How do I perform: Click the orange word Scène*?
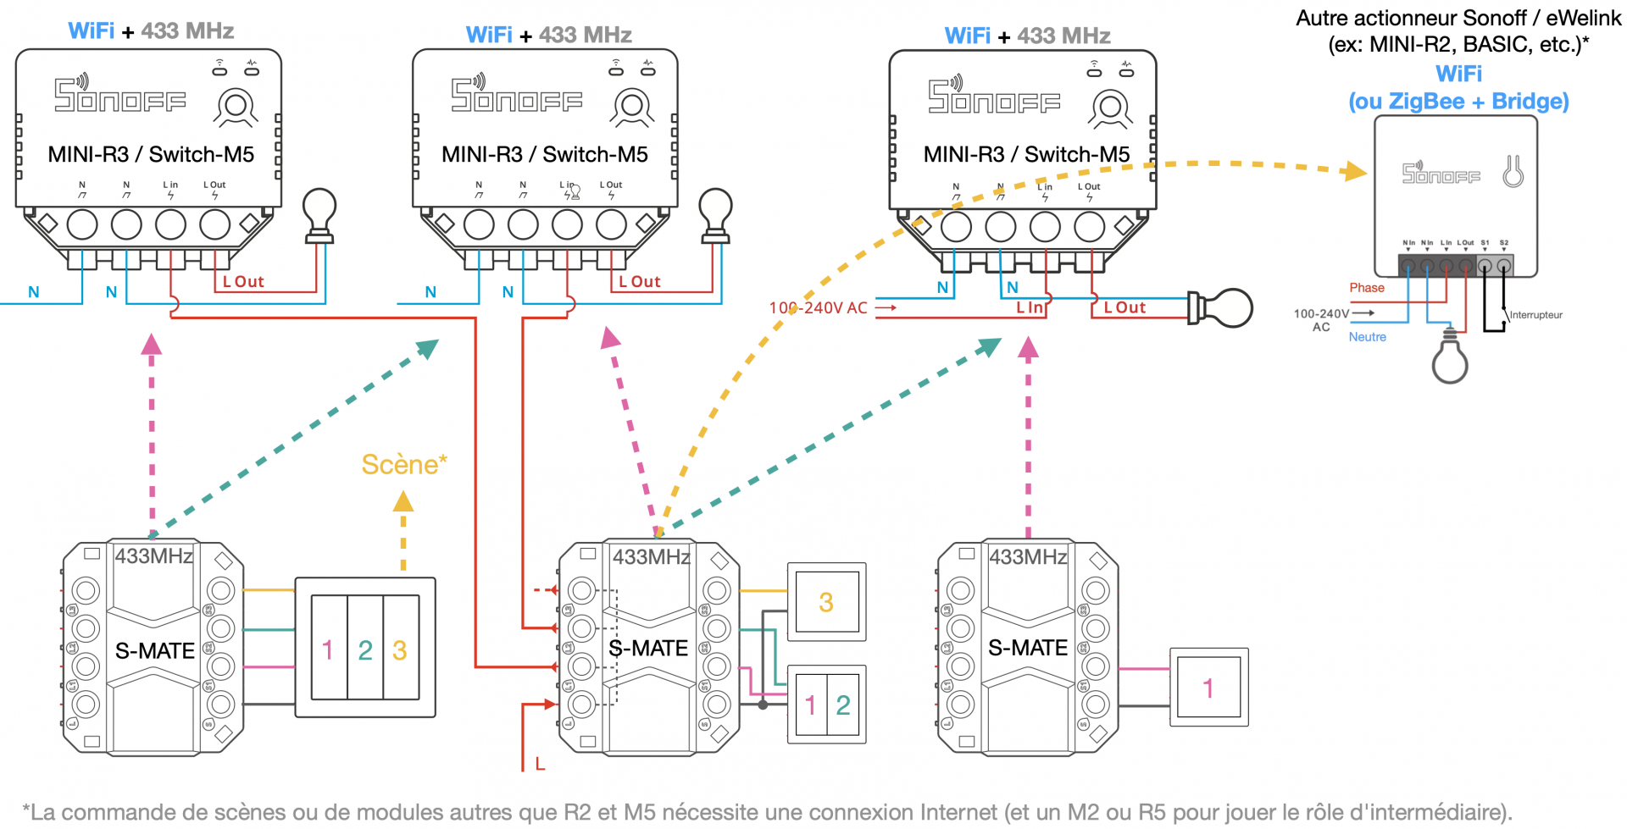click(x=403, y=464)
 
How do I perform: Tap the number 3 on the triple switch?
click(x=400, y=649)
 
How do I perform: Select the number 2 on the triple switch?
click(x=365, y=649)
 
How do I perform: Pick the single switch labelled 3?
click(x=826, y=602)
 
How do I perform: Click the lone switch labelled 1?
click(x=1208, y=688)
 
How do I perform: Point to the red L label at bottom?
click(x=540, y=764)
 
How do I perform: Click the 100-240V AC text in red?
click(x=818, y=307)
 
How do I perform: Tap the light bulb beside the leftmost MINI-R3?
click(x=319, y=214)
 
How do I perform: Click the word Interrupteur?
click(x=1535, y=315)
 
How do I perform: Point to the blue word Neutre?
click(x=1367, y=337)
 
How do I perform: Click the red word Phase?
click(x=1367, y=288)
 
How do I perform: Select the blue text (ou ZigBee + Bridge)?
click(x=1458, y=102)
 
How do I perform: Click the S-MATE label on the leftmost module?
click(x=155, y=650)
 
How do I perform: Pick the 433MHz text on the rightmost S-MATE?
click(x=1029, y=556)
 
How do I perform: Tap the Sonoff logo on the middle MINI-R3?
click(x=516, y=95)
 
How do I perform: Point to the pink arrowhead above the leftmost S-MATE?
click(x=152, y=344)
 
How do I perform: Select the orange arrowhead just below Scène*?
click(x=403, y=502)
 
